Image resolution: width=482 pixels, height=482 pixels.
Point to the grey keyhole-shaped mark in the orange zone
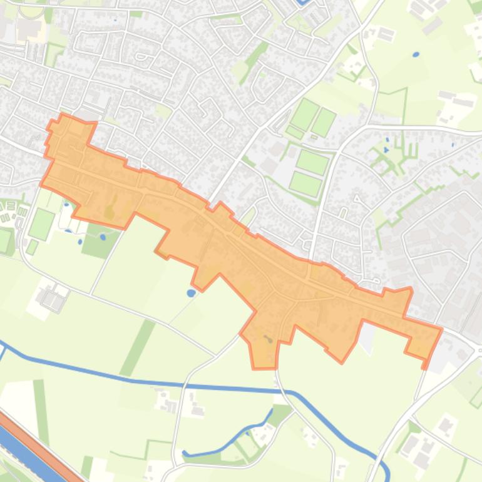[269, 339]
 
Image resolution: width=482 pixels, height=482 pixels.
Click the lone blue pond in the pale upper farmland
[416, 54]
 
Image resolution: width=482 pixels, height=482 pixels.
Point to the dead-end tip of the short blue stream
[185, 453]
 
